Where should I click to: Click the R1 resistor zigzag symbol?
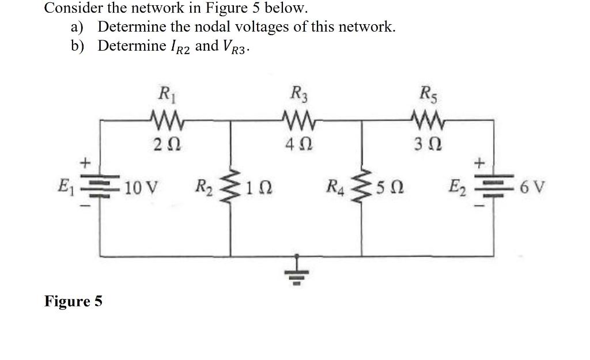tap(165, 120)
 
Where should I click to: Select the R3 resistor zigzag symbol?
tap(297, 120)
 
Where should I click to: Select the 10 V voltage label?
tap(142, 188)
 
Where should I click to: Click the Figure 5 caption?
tap(73, 301)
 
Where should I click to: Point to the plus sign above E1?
tap(85, 164)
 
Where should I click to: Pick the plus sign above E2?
tap(478, 164)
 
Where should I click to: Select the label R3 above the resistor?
tap(298, 92)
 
